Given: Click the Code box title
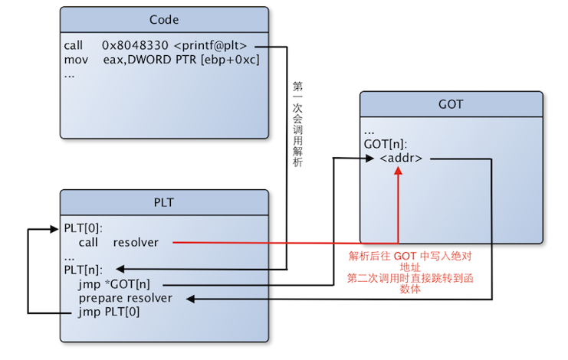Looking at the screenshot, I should point(164,19).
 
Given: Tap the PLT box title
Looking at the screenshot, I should point(164,202).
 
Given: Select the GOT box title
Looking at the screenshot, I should point(451,104).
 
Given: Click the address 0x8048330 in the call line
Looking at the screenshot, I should point(136,46).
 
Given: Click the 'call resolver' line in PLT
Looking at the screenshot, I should point(118,242).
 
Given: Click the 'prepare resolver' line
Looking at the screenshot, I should point(125,298).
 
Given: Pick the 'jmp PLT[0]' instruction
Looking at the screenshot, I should point(109,312).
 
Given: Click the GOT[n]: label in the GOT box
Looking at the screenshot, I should point(386,144).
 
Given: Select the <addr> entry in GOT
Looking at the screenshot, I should point(401,159).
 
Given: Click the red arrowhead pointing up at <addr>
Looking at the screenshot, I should point(398,170).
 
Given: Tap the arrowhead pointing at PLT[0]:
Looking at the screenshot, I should point(61,228).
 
